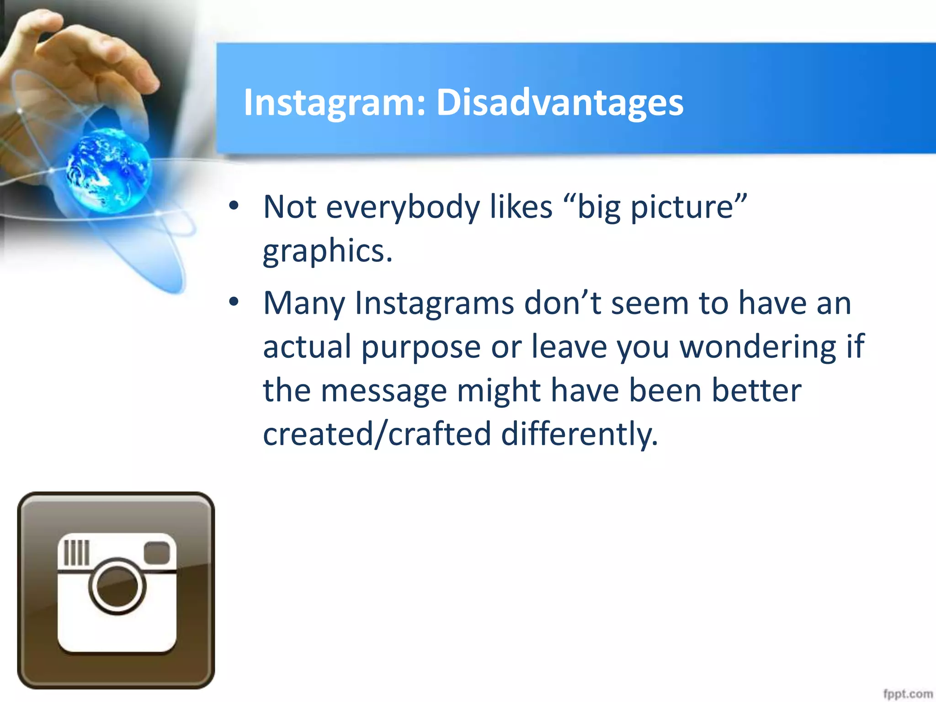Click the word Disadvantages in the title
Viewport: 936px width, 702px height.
(x=560, y=102)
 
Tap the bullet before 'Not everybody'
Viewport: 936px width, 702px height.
(x=234, y=206)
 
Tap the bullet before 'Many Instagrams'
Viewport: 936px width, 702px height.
(x=234, y=302)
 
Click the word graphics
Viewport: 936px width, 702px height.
(x=327, y=251)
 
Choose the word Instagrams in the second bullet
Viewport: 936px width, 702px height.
(x=434, y=304)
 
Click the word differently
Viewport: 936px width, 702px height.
(x=580, y=434)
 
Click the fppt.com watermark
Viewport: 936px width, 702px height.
(x=907, y=694)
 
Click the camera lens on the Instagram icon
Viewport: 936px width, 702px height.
(x=117, y=586)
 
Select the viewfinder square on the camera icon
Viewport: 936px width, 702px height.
(x=157, y=553)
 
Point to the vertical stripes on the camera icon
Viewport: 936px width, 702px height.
(x=76, y=553)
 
